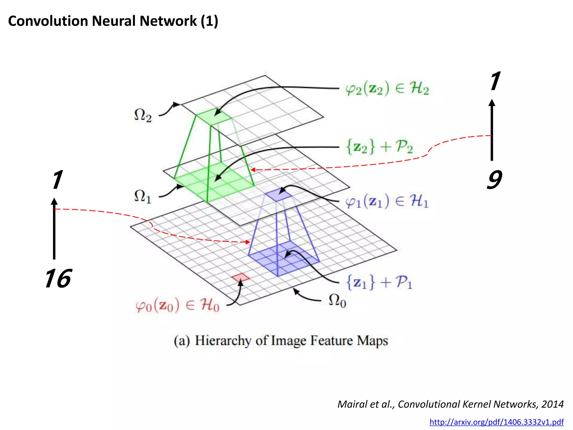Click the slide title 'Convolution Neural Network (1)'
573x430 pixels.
point(113,21)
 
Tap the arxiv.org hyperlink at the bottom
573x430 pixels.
point(496,422)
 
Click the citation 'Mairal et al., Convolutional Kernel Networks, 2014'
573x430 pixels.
point(450,404)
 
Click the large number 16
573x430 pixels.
point(58,279)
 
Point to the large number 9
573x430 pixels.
point(494,180)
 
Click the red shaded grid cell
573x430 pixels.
point(240,277)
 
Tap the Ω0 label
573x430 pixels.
point(337,301)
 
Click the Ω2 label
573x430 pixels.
point(143,115)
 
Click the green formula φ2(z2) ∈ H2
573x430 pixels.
point(387,89)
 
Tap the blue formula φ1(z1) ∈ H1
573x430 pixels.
point(387,201)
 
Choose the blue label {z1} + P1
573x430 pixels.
point(379,282)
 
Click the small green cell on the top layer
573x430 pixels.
point(214,116)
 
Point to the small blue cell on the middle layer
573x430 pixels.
point(278,195)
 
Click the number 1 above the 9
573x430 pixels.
point(495,81)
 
